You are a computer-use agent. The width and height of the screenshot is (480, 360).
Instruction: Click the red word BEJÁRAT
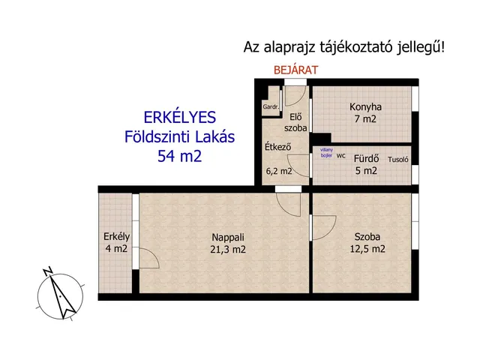(296, 70)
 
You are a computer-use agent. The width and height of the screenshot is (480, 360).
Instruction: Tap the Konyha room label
(365, 106)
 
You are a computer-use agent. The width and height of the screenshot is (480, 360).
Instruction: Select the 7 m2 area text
(365, 118)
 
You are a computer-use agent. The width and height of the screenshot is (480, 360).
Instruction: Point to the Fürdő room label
(365, 157)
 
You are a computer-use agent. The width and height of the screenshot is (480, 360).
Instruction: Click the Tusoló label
(397, 159)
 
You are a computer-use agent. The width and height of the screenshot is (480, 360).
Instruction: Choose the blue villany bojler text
(325, 154)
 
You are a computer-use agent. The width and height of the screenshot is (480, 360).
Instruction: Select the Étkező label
(278, 147)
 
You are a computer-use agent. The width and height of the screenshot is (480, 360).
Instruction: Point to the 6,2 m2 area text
(279, 171)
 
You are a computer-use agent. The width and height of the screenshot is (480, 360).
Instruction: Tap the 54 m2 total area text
(179, 156)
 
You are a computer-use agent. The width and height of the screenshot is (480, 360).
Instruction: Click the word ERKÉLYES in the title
(179, 117)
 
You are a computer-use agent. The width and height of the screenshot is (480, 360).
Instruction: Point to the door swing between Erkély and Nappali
(148, 259)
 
